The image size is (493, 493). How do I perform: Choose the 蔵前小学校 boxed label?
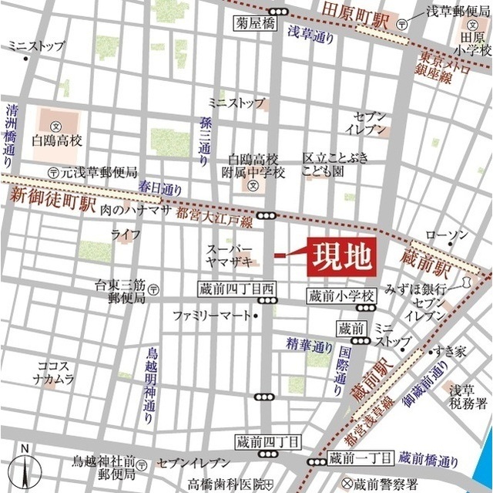pos(340,295)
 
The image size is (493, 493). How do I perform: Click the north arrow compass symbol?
pos(25,467)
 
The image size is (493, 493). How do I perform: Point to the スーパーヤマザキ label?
pos(230,255)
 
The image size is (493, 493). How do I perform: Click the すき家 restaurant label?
pos(450,351)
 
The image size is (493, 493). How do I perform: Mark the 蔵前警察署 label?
pos(388,483)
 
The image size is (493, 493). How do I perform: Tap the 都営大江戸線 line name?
pos(214,220)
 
